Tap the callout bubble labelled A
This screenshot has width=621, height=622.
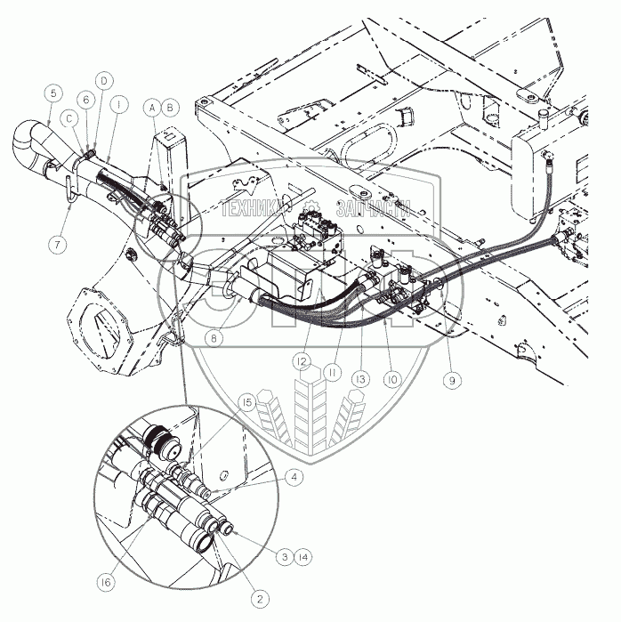click(153, 107)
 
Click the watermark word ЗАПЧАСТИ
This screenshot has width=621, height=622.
click(371, 208)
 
